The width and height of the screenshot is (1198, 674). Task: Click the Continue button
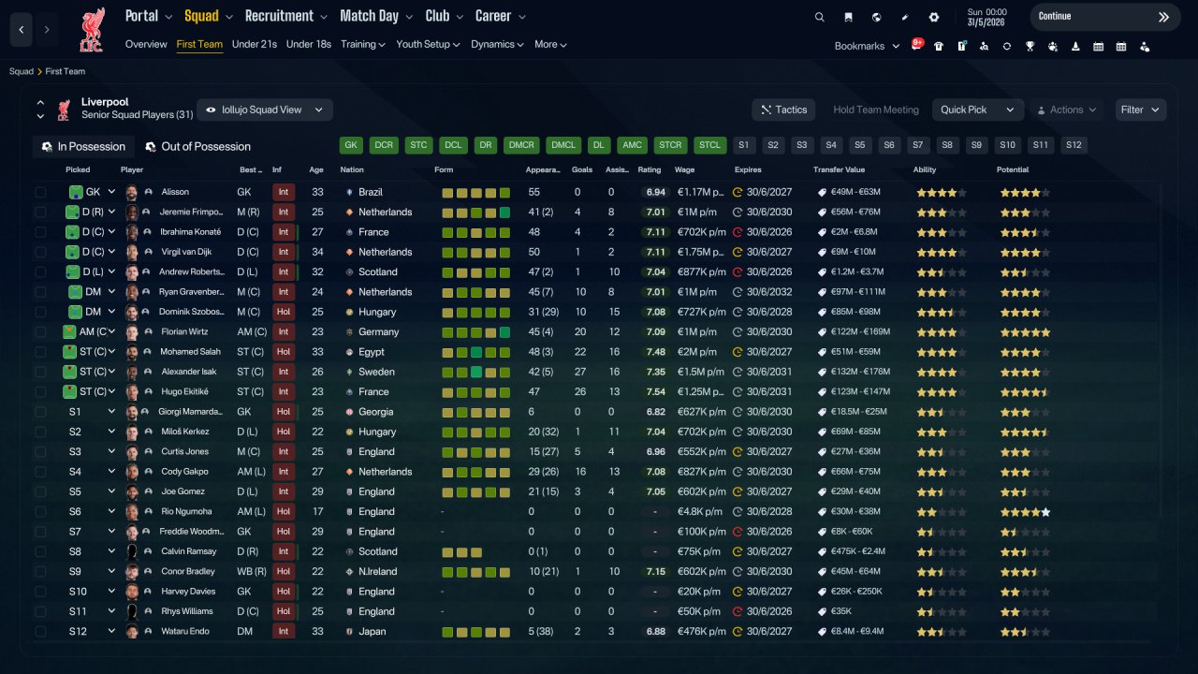click(x=1104, y=17)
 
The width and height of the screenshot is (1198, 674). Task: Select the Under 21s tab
click(x=254, y=44)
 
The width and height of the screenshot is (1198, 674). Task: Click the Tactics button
click(x=783, y=110)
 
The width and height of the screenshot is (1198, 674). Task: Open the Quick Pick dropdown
click(x=977, y=110)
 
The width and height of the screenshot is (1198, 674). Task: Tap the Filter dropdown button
click(x=1140, y=110)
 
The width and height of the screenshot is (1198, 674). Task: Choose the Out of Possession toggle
click(x=198, y=147)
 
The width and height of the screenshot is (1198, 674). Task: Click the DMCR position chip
click(x=521, y=145)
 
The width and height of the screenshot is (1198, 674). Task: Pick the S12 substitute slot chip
click(x=1074, y=145)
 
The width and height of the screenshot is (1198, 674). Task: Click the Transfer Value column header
click(x=839, y=169)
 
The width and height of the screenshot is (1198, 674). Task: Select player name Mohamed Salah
click(x=190, y=351)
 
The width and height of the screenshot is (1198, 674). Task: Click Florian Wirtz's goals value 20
click(x=580, y=331)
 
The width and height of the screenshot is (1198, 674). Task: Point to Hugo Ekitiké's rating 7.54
click(x=656, y=391)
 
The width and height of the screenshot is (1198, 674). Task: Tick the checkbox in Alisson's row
click(x=40, y=192)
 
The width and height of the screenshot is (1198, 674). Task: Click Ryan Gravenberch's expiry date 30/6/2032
click(x=769, y=291)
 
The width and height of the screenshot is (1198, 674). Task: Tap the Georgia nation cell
click(x=375, y=412)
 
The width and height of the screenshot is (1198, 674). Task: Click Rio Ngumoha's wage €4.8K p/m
click(x=699, y=511)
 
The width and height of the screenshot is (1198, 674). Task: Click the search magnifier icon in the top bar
click(x=819, y=17)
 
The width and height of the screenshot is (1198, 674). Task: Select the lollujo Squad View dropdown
click(x=265, y=110)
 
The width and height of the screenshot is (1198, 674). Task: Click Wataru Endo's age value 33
click(x=317, y=631)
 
